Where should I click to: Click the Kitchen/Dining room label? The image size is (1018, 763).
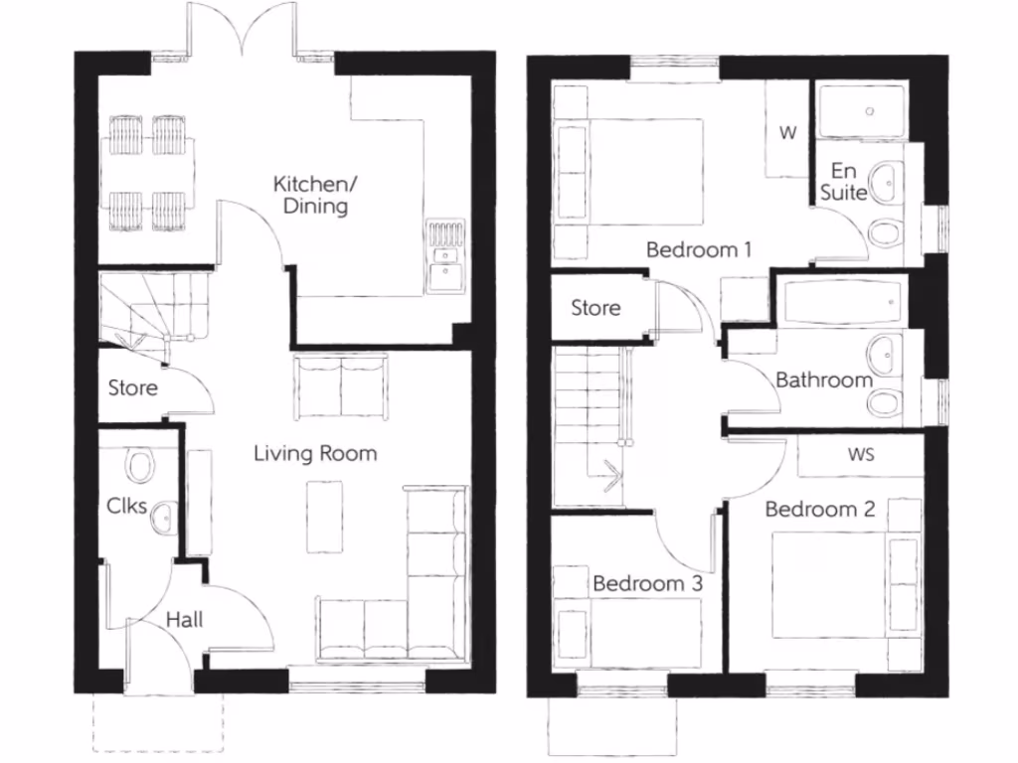(311, 195)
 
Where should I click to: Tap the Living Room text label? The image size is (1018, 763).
(315, 454)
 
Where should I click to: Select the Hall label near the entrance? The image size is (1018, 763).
(184, 620)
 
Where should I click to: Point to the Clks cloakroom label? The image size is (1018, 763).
(126, 506)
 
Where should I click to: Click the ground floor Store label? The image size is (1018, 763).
(132, 386)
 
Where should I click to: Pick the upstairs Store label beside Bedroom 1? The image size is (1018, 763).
(595, 308)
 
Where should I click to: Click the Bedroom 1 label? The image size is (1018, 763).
(698, 249)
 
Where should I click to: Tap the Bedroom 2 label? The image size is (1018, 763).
(819, 510)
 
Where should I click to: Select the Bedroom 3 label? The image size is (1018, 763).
(647, 583)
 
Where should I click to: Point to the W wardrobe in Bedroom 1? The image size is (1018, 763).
(787, 132)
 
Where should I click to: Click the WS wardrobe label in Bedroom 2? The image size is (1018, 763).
(861, 454)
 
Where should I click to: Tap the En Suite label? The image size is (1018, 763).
(843, 182)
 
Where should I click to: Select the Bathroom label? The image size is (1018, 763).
(823, 380)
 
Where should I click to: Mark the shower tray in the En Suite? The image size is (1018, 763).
(861, 110)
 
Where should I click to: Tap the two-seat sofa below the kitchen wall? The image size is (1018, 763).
(341, 386)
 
